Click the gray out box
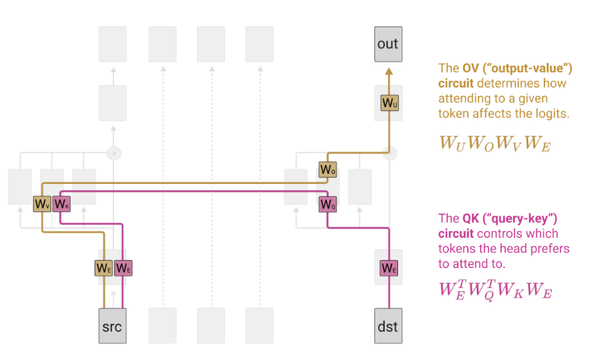tap(388, 44)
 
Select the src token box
tap(113, 326)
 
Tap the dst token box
tap(388, 326)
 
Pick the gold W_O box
tap(328, 170)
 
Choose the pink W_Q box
tap(328, 204)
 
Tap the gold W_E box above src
tap(103, 267)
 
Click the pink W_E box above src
tap(124, 267)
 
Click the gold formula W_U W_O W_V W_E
tap(495, 143)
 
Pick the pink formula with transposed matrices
tap(495, 291)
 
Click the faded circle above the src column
tap(114, 153)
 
